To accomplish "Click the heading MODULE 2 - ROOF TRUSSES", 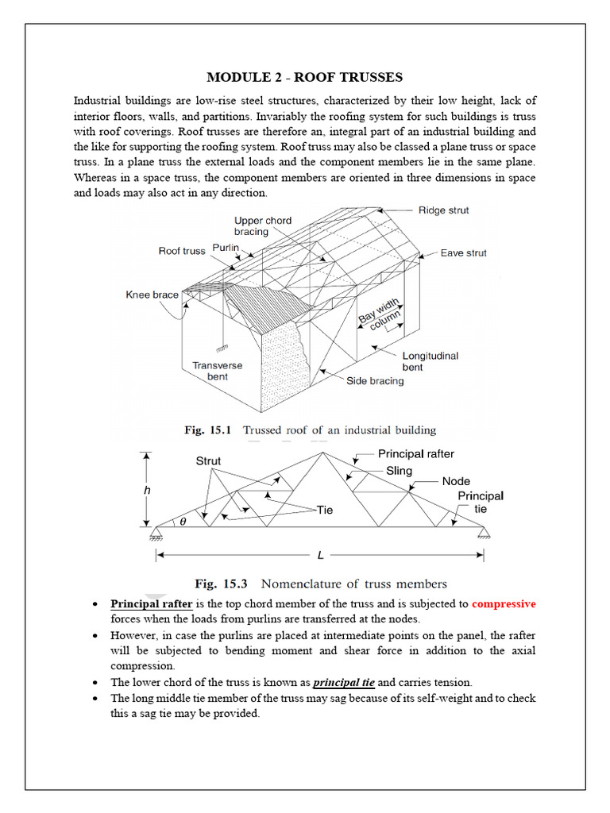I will tap(305, 77).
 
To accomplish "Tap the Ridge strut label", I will tap(443, 210).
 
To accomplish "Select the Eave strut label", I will tap(464, 253).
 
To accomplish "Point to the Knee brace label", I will tap(152, 295).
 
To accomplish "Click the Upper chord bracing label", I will tap(263, 226).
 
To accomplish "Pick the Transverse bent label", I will tap(218, 371).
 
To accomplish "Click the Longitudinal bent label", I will tap(430, 362).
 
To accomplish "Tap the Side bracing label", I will tap(375, 380).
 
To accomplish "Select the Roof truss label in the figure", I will tap(182, 251).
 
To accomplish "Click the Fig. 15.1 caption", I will tap(311, 430).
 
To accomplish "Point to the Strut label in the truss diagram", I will tap(208, 460).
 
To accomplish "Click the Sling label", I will tap(399, 471).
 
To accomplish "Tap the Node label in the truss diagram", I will tap(456, 481).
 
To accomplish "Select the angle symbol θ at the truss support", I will tap(182, 522).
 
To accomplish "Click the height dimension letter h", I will tap(146, 491).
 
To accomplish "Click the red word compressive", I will tap(504, 604).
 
